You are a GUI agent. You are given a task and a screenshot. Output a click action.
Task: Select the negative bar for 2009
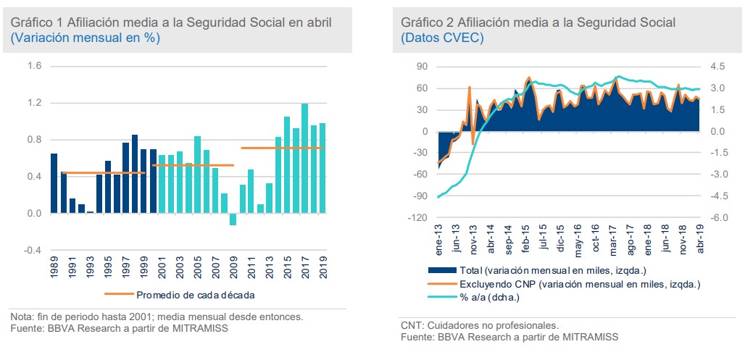[233, 219]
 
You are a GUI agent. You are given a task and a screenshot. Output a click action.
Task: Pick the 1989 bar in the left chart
[54, 183]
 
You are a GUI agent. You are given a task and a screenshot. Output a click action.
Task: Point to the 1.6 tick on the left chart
[34, 67]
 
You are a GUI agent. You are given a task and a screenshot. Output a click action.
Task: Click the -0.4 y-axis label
[33, 251]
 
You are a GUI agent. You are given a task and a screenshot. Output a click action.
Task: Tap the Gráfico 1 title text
[171, 22]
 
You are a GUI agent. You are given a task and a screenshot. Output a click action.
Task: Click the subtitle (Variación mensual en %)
[86, 38]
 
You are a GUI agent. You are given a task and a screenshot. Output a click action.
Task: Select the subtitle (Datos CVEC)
[442, 38]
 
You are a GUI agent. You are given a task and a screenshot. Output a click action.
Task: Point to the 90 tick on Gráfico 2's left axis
[422, 67]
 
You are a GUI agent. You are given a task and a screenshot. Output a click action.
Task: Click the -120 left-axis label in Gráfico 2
[418, 217]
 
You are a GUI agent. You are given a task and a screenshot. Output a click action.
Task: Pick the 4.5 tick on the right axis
[717, 67]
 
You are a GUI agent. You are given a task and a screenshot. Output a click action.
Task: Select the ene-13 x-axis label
[438, 239]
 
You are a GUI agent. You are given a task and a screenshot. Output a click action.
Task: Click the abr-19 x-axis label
[700, 239]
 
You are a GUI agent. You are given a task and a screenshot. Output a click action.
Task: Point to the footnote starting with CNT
[479, 325]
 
